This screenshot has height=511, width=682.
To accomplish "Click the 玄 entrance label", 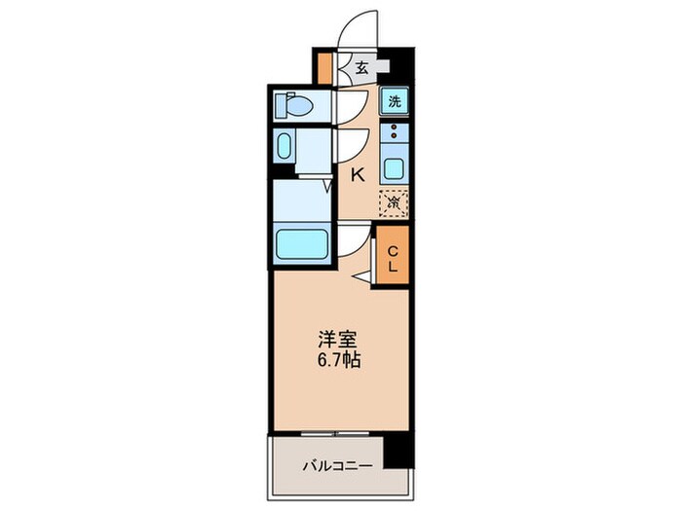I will pos(361,68).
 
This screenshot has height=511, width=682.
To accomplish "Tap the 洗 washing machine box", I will pos(395,100).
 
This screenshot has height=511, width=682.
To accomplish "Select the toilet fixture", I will pos(292,103).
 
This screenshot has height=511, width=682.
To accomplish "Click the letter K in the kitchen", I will pos(358,175).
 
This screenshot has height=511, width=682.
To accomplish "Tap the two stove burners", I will pos(394,132).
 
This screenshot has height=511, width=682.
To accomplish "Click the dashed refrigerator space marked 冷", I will pos(394,203).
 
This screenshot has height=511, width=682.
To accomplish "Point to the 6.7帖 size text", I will pos(339,362).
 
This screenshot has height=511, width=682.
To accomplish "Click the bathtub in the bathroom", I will pos(303,243).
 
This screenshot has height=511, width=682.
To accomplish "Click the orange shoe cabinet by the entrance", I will pos(325,67).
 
